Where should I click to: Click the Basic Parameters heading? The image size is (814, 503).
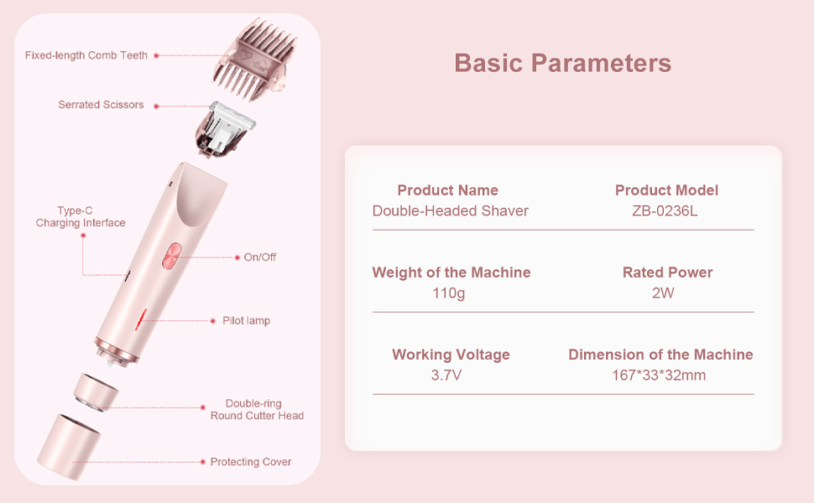click(x=562, y=63)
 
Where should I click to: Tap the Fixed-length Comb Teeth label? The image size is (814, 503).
click(x=86, y=55)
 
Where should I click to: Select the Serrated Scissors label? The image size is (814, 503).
click(x=101, y=105)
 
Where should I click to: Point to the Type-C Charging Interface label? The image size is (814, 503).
click(x=81, y=217)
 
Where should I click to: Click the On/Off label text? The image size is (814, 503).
click(x=260, y=257)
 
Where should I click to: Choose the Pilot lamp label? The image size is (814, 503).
click(x=246, y=321)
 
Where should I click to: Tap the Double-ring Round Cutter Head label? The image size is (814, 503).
click(x=257, y=410)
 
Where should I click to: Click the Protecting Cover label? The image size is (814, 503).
click(x=251, y=462)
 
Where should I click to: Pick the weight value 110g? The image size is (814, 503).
click(x=449, y=293)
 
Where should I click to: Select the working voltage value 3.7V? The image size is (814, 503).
click(x=446, y=375)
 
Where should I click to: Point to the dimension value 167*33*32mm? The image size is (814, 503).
click(x=659, y=375)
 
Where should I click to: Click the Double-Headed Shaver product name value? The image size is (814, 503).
click(x=451, y=210)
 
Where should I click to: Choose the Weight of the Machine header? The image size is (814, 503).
click(x=451, y=272)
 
